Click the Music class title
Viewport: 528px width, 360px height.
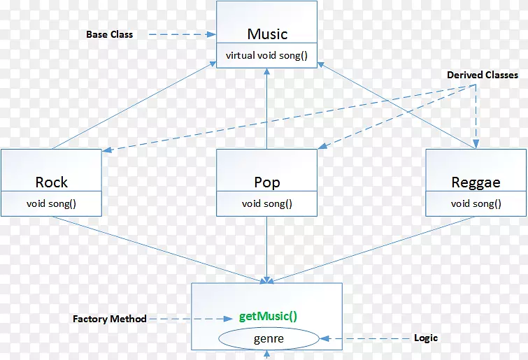pos(267,34)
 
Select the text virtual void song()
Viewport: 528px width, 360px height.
pos(267,55)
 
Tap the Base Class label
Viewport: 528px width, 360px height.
pos(109,34)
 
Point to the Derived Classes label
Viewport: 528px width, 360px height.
pos(483,75)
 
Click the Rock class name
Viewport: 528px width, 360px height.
pos(52,182)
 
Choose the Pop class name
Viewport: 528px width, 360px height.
pos(267,182)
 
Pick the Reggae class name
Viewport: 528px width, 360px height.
pos(476,182)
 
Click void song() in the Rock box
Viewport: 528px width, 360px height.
pos(52,204)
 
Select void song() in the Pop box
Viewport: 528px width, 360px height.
pos(267,204)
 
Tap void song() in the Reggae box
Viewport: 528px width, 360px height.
pos(476,204)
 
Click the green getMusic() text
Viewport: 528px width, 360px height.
pos(269,315)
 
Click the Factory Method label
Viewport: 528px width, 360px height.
pos(110,319)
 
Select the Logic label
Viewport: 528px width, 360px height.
pos(425,338)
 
